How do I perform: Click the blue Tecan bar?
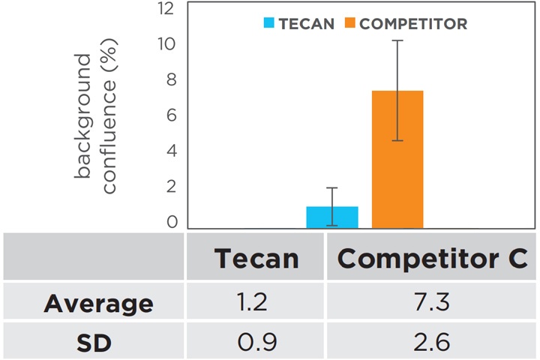[331, 217]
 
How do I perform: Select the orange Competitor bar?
[397, 159]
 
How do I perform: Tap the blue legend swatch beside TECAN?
[268, 23]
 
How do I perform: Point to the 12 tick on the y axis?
[166, 9]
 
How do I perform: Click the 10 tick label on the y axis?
[166, 43]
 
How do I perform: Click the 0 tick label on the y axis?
[172, 221]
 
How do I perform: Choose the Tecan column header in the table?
[256, 258]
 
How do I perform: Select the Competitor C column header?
[432, 258]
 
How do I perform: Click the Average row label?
[98, 304]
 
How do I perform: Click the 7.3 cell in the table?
[432, 303]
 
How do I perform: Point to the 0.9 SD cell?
[256, 343]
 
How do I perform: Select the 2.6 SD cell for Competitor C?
[432, 343]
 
